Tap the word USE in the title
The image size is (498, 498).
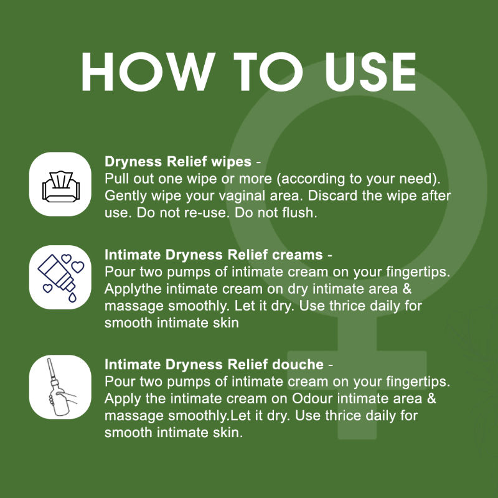(x=370, y=72)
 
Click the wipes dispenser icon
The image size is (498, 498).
(x=61, y=186)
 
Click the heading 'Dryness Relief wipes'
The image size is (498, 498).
(x=178, y=161)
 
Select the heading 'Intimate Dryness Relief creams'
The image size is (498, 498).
(x=214, y=255)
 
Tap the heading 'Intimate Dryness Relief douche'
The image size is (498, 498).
(x=214, y=364)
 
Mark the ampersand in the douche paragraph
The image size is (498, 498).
(x=431, y=398)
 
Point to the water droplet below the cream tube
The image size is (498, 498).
(x=72, y=298)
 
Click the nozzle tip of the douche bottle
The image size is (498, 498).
(x=49, y=359)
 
